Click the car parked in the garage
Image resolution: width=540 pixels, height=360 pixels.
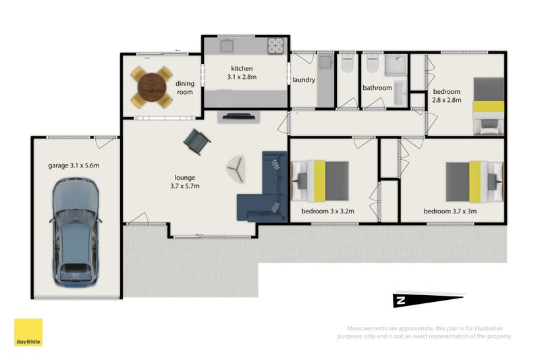point(76,230)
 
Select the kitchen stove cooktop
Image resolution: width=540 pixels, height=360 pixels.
point(277,46)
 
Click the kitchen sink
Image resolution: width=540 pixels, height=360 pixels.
point(227,46)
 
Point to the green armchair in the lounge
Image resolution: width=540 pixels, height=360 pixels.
point(197,140)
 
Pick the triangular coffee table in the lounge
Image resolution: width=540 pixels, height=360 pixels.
point(236,168)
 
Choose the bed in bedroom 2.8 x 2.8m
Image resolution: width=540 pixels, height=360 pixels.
point(487,105)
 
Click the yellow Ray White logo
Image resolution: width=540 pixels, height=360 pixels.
point(28,332)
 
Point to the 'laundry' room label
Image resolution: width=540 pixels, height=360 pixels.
point(304,80)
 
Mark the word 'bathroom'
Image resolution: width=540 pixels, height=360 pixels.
point(377,88)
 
